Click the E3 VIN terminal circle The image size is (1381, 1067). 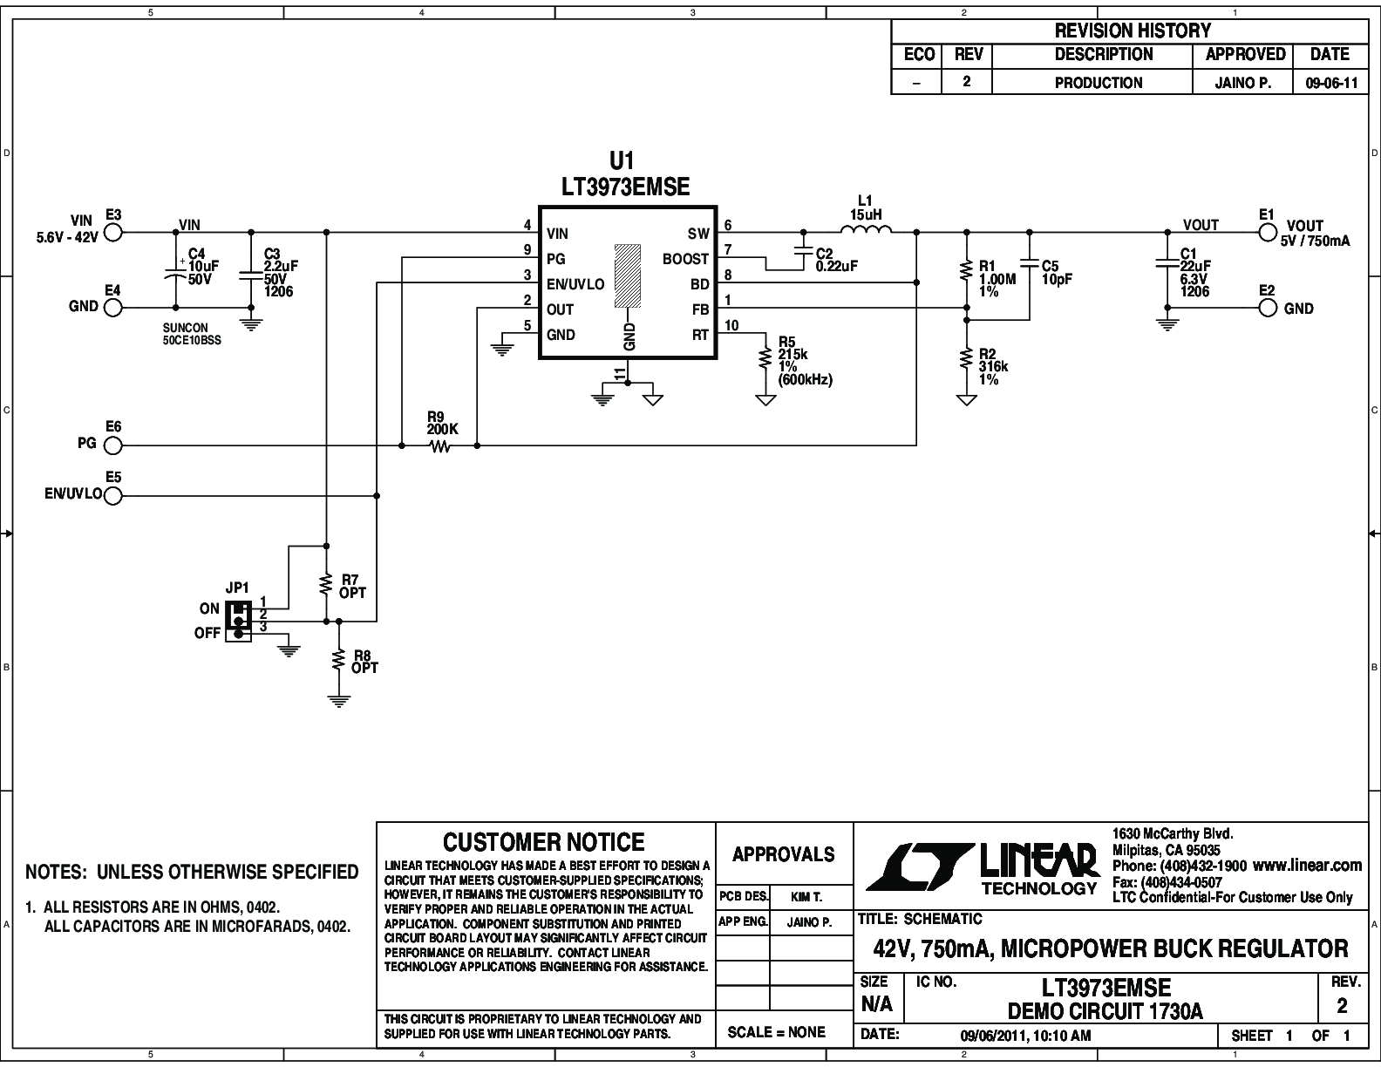(x=113, y=233)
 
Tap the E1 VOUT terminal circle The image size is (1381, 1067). (x=1268, y=233)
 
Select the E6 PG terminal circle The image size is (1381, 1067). (x=113, y=446)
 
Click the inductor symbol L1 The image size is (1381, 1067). (x=866, y=229)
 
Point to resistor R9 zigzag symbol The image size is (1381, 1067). (x=439, y=446)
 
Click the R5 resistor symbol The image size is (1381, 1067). (x=765, y=360)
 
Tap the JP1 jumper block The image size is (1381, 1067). (x=238, y=621)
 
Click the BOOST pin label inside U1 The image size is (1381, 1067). (x=685, y=259)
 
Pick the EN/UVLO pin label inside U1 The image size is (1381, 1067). (x=575, y=284)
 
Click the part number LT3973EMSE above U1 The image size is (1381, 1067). (x=625, y=187)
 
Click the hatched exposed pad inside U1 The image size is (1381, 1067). (x=627, y=275)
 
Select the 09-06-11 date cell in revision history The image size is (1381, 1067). (x=1331, y=83)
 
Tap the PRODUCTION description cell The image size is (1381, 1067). (x=1099, y=83)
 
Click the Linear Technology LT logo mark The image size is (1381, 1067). (x=921, y=867)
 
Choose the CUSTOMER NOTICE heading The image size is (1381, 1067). (x=543, y=842)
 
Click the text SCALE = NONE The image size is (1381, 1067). (x=776, y=1032)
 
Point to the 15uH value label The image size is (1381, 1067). (x=866, y=214)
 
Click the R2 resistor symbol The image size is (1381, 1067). (x=967, y=360)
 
